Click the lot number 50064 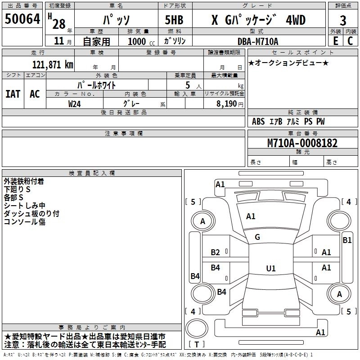pos(22,20)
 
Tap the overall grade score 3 pos(343,21)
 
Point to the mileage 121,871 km pos(53,65)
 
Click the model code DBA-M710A pos(258,41)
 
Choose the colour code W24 pos(75,103)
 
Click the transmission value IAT pos(13,94)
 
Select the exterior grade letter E pos(335,40)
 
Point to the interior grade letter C pos(350,40)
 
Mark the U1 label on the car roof pos(270,269)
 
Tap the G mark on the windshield pos(257,237)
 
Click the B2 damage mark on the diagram pos(216,252)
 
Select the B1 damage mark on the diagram pos(347,240)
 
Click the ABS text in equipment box pos(258,121)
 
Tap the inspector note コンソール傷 pos(25,222)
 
